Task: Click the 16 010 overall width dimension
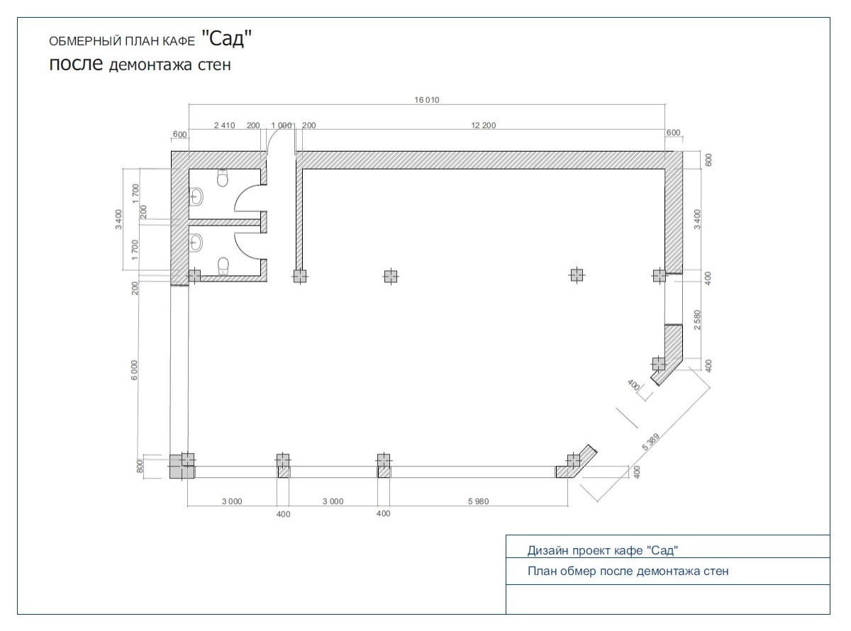click(x=427, y=100)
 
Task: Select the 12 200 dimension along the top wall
click(x=484, y=125)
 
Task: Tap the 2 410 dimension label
click(x=225, y=125)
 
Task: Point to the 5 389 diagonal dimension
click(x=651, y=442)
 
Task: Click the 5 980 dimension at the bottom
click(x=479, y=501)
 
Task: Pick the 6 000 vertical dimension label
click(x=134, y=370)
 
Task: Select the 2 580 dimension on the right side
click(x=697, y=320)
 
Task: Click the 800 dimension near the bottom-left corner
click(x=140, y=466)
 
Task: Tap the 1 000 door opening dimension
click(x=282, y=125)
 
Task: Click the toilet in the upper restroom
click(x=223, y=178)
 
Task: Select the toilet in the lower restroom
click(x=223, y=266)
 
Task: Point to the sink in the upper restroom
click(x=196, y=198)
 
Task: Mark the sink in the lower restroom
click(x=196, y=242)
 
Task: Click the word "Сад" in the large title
click(x=226, y=38)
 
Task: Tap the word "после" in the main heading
click(x=76, y=63)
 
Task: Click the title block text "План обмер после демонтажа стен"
click(x=628, y=571)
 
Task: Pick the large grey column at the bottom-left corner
click(x=182, y=466)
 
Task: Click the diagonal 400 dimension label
click(x=633, y=385)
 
